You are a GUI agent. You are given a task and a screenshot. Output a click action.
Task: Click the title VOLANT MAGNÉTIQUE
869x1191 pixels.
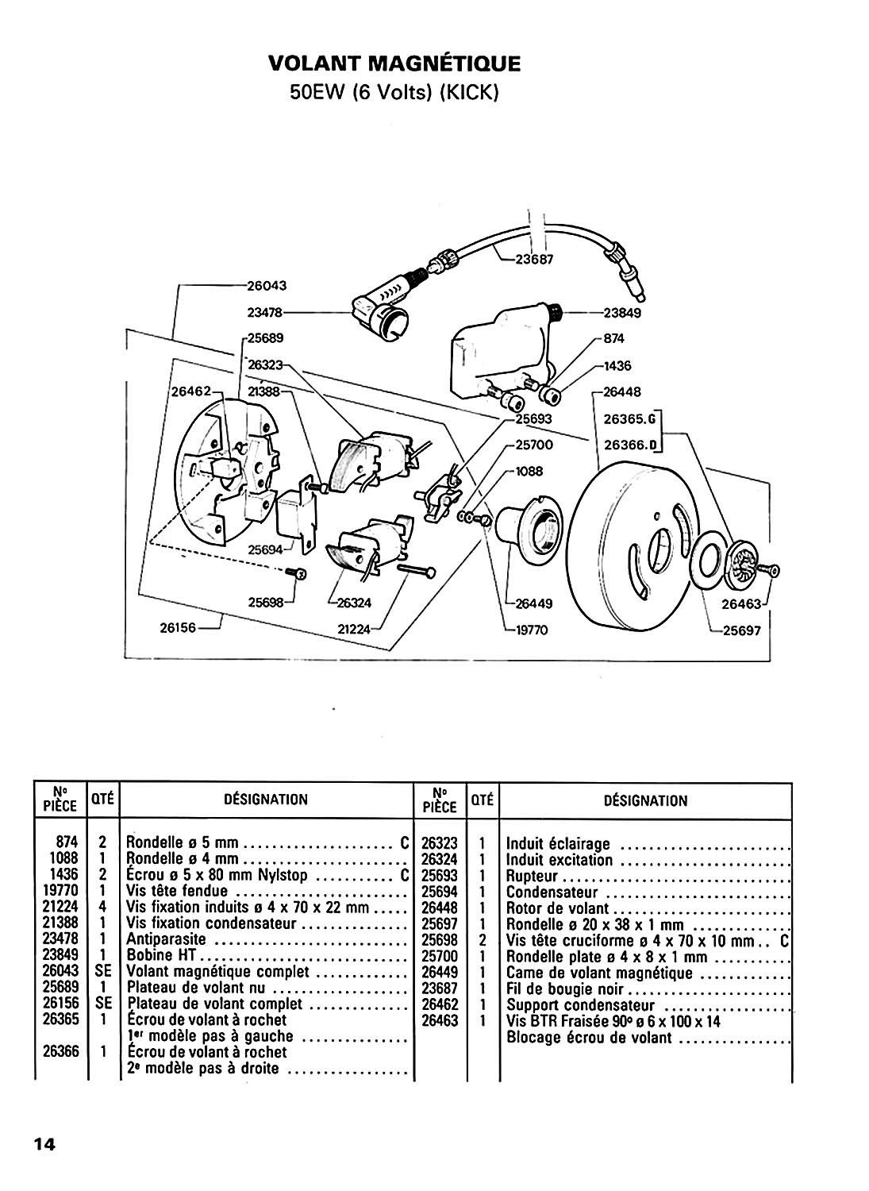tap(394, 64)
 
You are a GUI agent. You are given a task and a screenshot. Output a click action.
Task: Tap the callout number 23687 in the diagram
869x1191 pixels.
tap(534, 260)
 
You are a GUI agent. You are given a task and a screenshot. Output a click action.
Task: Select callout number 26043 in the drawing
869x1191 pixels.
tap(267, 286)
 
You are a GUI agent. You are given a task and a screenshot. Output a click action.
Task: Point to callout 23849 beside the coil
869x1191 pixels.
tap(622, 313)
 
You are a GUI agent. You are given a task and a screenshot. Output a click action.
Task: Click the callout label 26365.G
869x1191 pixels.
tap(630, 418)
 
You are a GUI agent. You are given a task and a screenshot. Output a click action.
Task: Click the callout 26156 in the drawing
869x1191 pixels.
tap(179, 628)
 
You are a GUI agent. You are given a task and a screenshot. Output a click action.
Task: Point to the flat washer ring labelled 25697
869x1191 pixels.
tap(710, 561)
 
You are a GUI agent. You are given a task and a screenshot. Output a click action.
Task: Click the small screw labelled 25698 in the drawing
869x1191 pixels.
tap(295, 572)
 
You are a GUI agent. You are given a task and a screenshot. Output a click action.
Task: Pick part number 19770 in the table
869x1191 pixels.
tap(60, 890)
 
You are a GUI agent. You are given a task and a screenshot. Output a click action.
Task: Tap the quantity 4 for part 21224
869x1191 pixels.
tap(102, 906)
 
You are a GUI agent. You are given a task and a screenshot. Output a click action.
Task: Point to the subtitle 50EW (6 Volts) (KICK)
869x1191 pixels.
tap(394, 93)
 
